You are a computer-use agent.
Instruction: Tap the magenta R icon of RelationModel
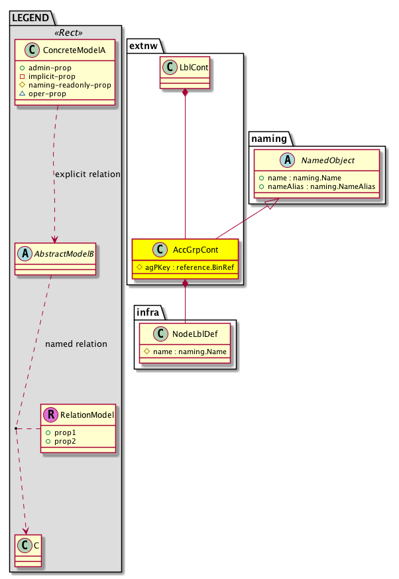(50, 415)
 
